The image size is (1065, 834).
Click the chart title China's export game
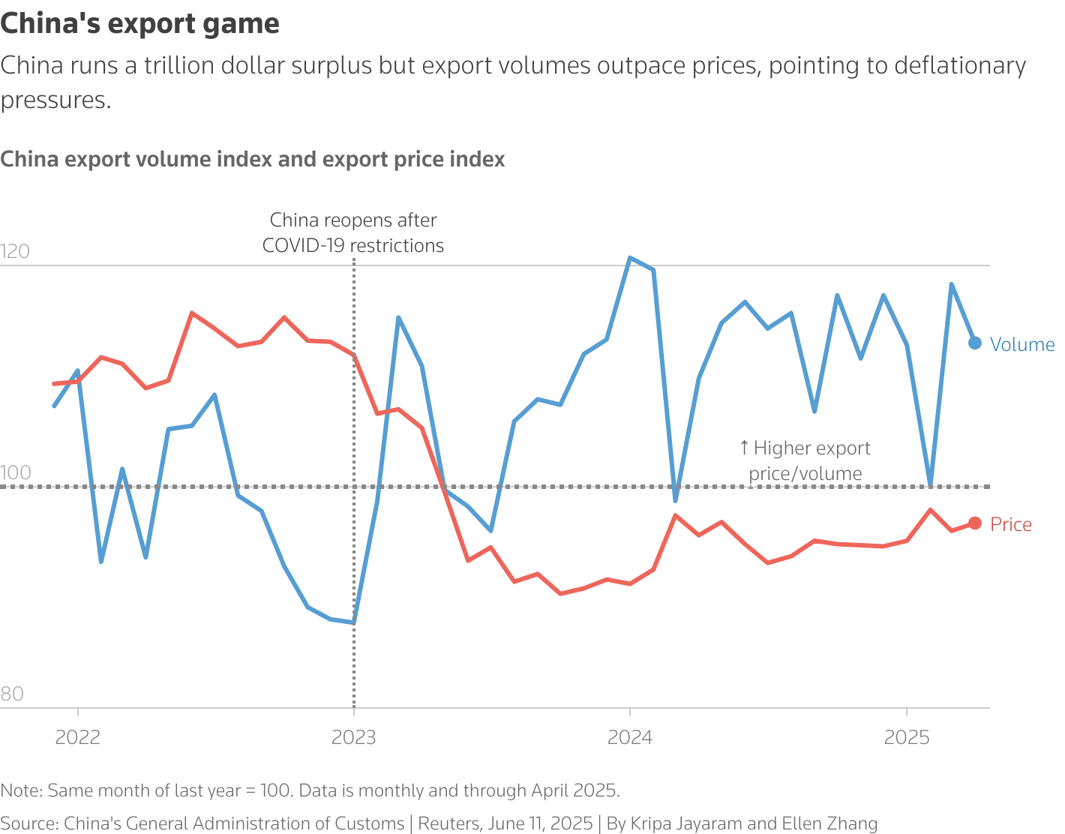pyautogui.click(x=140, y=24)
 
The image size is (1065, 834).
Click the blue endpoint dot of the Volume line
pyautogui.click(x=975, y=343)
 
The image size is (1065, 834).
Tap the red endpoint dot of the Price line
pyautogui.click(x=975, y=523)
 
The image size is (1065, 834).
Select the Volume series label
pyautogui.click(x=1022, y=344)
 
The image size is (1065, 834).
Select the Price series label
pyautogui.click(x=1011, y=524)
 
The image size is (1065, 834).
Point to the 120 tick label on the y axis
pyautogui.click(x=15, y=251)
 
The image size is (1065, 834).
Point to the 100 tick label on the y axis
pyautogui.click(x=15, y=472)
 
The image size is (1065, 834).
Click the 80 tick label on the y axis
pyautogui.click(x=12, y=694)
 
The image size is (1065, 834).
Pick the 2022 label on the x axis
pyautogui.click(x=78, y=737)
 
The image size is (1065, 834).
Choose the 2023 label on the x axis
pyautogui.click(x=354, y=737)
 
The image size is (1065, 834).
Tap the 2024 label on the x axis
pyautogui.click(x=630, y=737)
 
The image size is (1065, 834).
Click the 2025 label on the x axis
pyautogui.click(x=907, y=737)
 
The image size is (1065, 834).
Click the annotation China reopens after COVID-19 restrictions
pyautogui.click(x=353, y=232)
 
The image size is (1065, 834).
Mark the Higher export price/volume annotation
pyautogui.click(x=805, y=460)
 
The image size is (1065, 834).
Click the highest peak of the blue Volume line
pyautogui.click(x=630, y=258)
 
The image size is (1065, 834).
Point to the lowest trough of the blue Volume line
pyautogui.click(x=353, y=622)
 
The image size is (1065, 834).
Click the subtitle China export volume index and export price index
pyautogui.click(x=253, y=160)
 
